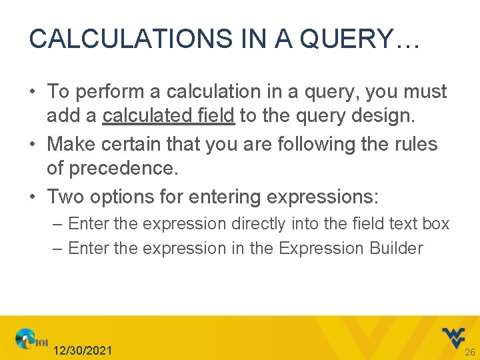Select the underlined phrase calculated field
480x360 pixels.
(168, 116)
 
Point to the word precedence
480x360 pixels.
(112, 169)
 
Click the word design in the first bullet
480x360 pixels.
(382, 116)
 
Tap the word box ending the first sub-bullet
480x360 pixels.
(436, 223)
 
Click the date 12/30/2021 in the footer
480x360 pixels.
(83, 350)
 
